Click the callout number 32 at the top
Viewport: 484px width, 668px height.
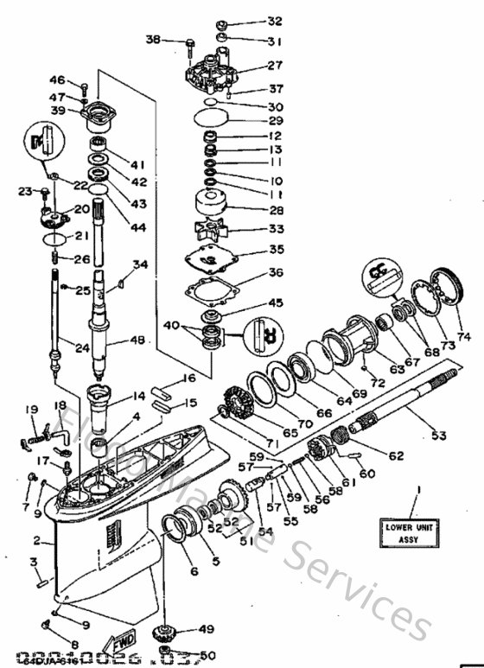tap(274, 21)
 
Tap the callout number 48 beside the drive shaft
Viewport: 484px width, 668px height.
tap(137, 340)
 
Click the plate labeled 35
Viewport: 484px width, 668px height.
tap(208, 257)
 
